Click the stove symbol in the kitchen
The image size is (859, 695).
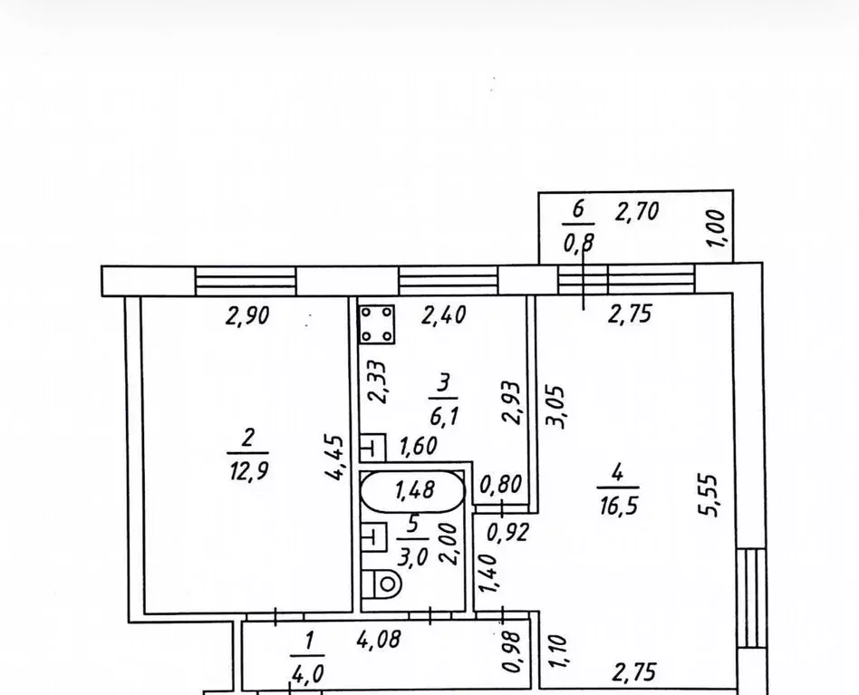(377, 324)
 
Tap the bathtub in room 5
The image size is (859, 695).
(412, 490)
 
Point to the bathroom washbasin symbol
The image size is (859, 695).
(373, 536)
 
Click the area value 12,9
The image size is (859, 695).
(248, 471)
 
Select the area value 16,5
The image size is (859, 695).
(619, 506)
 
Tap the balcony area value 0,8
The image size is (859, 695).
(579, 241)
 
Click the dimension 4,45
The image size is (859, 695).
(335, 458)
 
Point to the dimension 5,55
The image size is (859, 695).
(708, 495)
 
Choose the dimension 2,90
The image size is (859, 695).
(247, 316)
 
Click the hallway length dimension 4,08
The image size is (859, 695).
(379, 639)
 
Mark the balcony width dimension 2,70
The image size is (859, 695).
(637, 211)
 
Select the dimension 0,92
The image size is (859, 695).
(508, 532)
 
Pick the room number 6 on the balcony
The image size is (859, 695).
(578, 209)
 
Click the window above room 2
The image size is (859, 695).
(246, 281)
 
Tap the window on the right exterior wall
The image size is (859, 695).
(751, 597)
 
